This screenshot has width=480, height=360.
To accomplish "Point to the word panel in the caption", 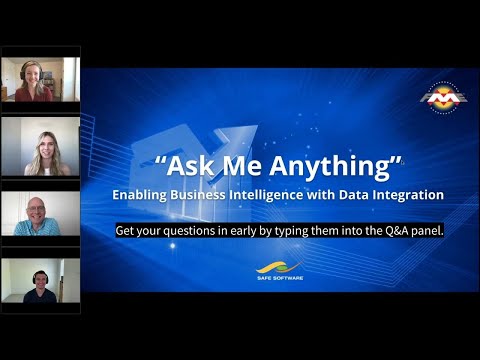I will click(424, 230).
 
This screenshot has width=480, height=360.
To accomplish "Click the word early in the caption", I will click(249, 230).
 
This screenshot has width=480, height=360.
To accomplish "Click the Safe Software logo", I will click(278, 271).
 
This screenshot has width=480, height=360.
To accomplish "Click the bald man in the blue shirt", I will click(40, 213).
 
